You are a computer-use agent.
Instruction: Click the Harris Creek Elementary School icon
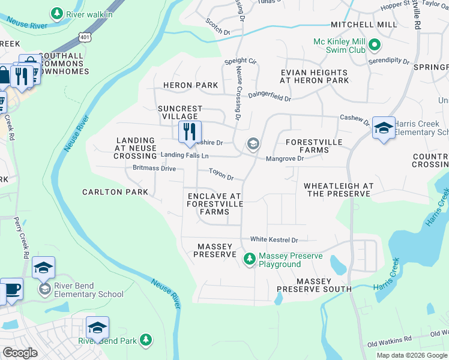(384, 128)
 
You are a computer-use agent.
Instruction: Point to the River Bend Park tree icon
(145, 340)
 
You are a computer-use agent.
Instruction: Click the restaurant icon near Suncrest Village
(189, 131)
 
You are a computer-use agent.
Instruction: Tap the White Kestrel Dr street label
(274, 239)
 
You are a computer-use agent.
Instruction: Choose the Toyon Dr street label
(220, 175)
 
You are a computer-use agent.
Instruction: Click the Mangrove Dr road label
(285, 159)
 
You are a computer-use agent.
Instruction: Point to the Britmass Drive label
(154, 169)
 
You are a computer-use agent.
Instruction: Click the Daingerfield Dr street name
(269, 96)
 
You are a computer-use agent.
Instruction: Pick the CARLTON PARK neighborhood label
(115, 192)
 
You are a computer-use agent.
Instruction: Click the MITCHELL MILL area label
(364, 25)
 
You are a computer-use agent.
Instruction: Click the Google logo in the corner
(20, 353)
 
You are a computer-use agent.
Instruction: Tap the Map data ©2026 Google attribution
(411, 355)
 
